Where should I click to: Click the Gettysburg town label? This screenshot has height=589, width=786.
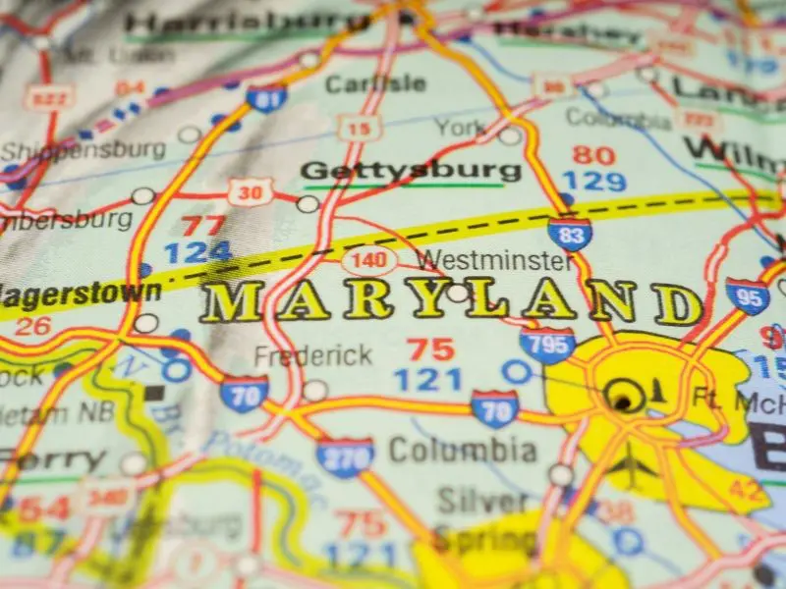411,170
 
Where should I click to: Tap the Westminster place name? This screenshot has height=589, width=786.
493,261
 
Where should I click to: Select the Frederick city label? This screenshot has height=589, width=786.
313,355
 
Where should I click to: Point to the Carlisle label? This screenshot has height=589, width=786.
363,84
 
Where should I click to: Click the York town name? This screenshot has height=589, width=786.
461,128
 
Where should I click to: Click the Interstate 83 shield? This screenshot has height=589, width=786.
570,233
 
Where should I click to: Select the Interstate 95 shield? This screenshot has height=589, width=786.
748,295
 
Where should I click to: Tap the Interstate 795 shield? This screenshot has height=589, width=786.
547,345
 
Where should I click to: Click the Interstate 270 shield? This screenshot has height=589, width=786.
345,455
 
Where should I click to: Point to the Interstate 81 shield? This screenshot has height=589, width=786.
266,97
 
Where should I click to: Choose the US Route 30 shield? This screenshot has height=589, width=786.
250,191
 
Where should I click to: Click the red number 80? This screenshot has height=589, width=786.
593,155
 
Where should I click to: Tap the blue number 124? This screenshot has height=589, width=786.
197,253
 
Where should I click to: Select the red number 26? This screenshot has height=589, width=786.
31,326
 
